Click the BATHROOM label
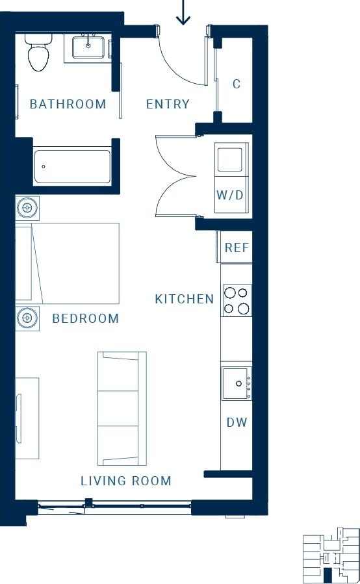pyautogui.click(x=68, y=104)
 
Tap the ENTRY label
pyautogui.click(x=168, y=104)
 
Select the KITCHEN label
pyautogui.click(x=185, y=299)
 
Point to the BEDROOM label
pyautogui.click(x=86, y=318)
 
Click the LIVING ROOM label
pyautogui.click(x=126, y=481)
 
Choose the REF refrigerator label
pyautogui.click(x=237, y=248)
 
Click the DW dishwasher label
pyautogui.click(x=237, y=422)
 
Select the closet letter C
pyautogui.click(x=237, y=84)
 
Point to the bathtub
pyautogui.click(x=72, y=167)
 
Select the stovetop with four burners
pyautogui.click(x=237, y=300)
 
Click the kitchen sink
pyautogui.click(x=235, y=383)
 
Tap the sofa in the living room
pyautogui.click(x=122, y=408)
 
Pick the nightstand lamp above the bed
pyautogui.click(x=27, y=208)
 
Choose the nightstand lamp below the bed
pyautogui.click(x=27, y=318)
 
